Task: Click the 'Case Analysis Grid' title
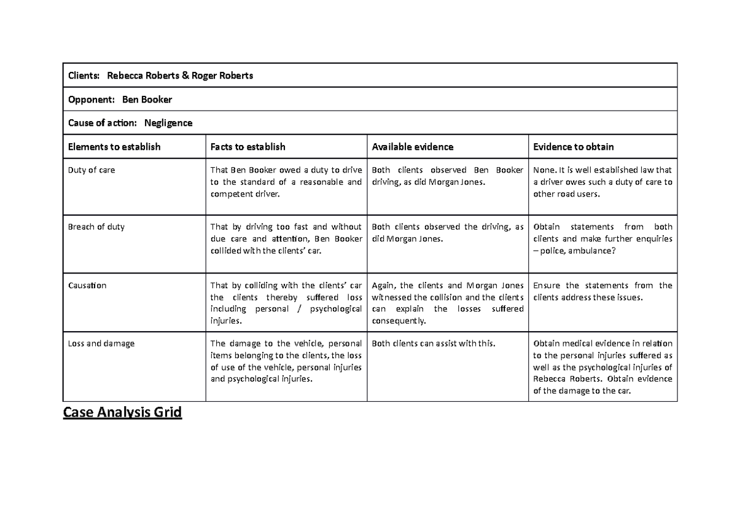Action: coord(123,412)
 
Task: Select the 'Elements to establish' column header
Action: coord(114,147)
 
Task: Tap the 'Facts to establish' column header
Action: coord(248,147)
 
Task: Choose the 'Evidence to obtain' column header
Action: coord(574,147)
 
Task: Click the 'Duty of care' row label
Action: coord(92,170)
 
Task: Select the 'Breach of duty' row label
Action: coord(96,227)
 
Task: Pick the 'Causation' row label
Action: coord(87,286)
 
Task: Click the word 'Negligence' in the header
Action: coord(168,123)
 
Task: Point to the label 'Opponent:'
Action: coord(91,100)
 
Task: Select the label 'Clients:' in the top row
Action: coord(84,76)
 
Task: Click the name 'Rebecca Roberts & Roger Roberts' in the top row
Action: coord(180,76)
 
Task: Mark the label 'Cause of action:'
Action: coord(102,123)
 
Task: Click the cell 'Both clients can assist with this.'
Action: coord(434,344)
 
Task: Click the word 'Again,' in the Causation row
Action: coord(384,286)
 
